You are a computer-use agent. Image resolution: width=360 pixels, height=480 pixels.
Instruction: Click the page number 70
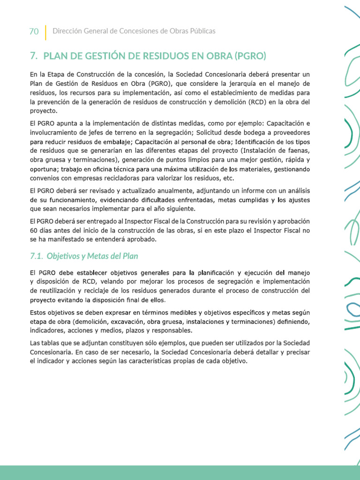point(34,31)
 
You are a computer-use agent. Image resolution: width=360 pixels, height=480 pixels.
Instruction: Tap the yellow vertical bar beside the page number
point(45,32)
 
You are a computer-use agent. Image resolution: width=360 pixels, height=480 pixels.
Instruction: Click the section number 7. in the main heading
point(33,56)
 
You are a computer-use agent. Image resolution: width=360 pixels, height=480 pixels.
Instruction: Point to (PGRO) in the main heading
point(250,56)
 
